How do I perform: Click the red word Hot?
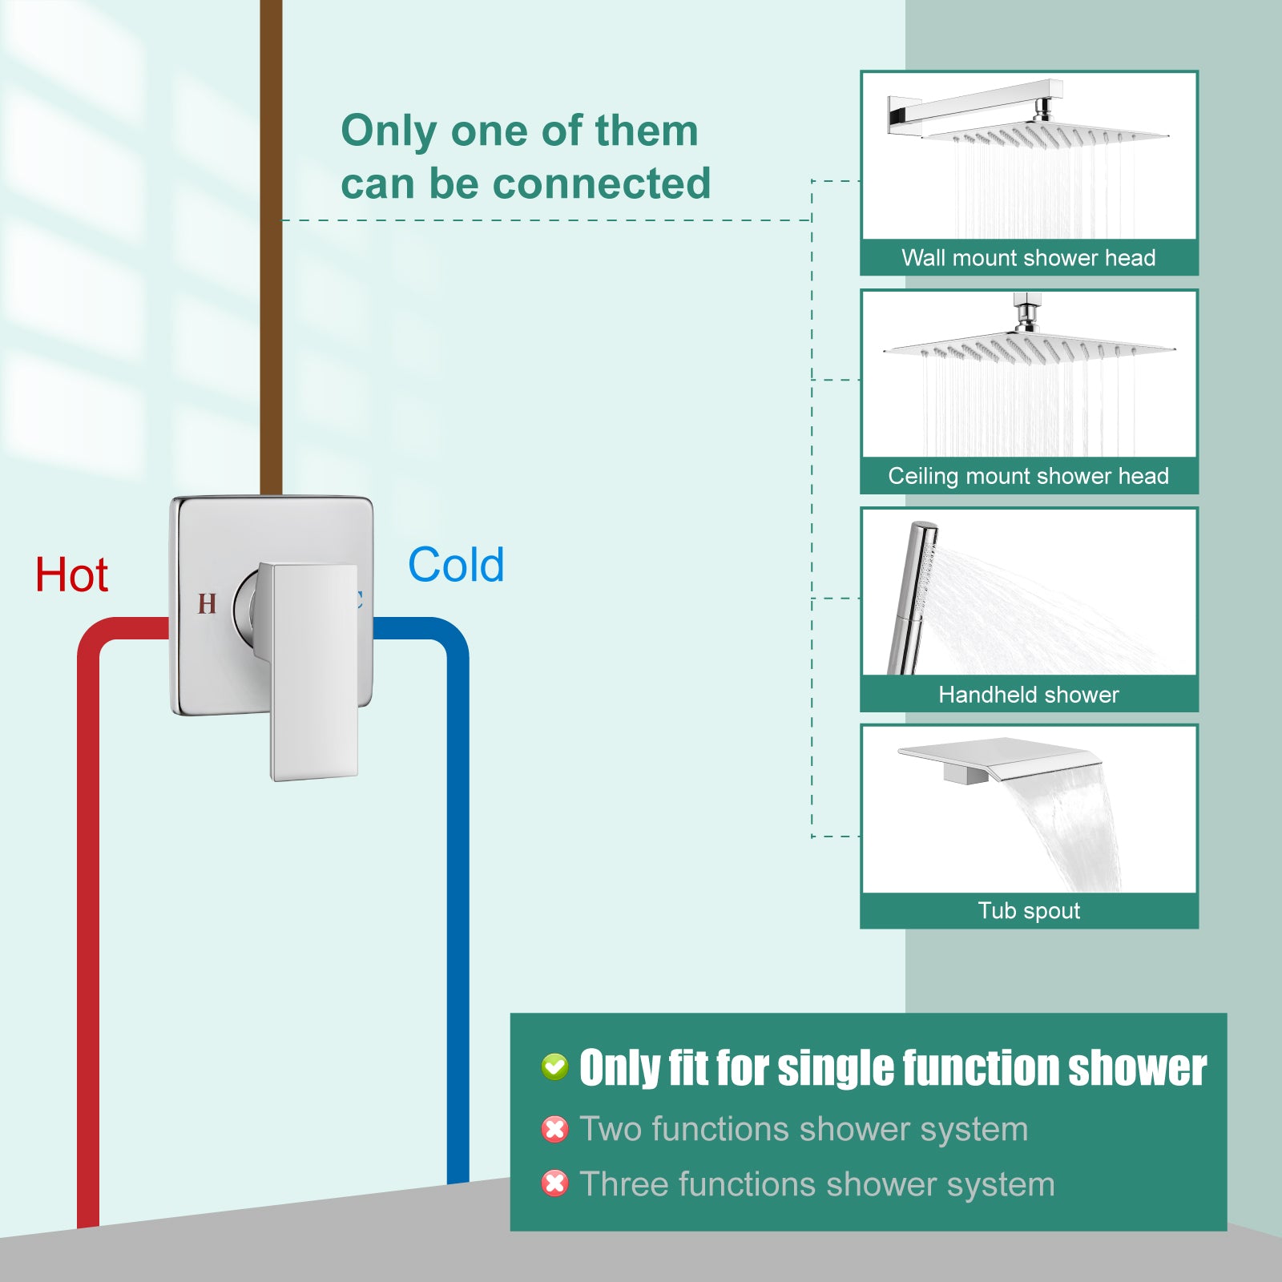[x=71, y=575]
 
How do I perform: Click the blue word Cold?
[x=456, y=565]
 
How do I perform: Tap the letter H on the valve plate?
[x=207, y=603]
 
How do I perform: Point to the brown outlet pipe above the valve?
[x=271, y=247]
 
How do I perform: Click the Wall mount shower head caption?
[x=1029, y=258]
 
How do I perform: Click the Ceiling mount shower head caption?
[x=1029, y=476]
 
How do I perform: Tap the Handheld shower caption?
[x=1029, y=695]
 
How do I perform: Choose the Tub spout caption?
[x=1029, y=911]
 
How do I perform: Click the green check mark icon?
[x=554, y=1066]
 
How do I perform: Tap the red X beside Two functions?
[x=554, y=1129]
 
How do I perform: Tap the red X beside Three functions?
[x=554, y=1183]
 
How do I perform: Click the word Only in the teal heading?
[x=390, y=132]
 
